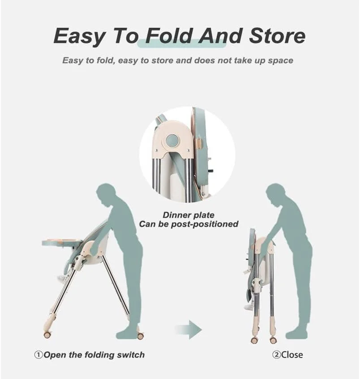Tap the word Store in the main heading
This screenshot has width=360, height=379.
coord(277,36)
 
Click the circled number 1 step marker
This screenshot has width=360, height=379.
coord(39,355)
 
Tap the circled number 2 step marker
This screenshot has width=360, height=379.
coord(276,355)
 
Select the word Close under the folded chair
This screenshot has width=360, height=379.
coord(292,355)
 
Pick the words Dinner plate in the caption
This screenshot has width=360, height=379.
coord(189,215)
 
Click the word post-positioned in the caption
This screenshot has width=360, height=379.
coord(205,224)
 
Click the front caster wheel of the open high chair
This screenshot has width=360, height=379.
coord(47,334)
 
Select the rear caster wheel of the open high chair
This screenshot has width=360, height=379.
coord(141,336)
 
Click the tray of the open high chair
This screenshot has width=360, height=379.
coord(62,242)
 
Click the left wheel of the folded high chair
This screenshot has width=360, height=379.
coord(254,340)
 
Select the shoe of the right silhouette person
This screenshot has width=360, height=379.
coord(296,335)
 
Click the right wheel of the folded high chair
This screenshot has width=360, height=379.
coord(274,340)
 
